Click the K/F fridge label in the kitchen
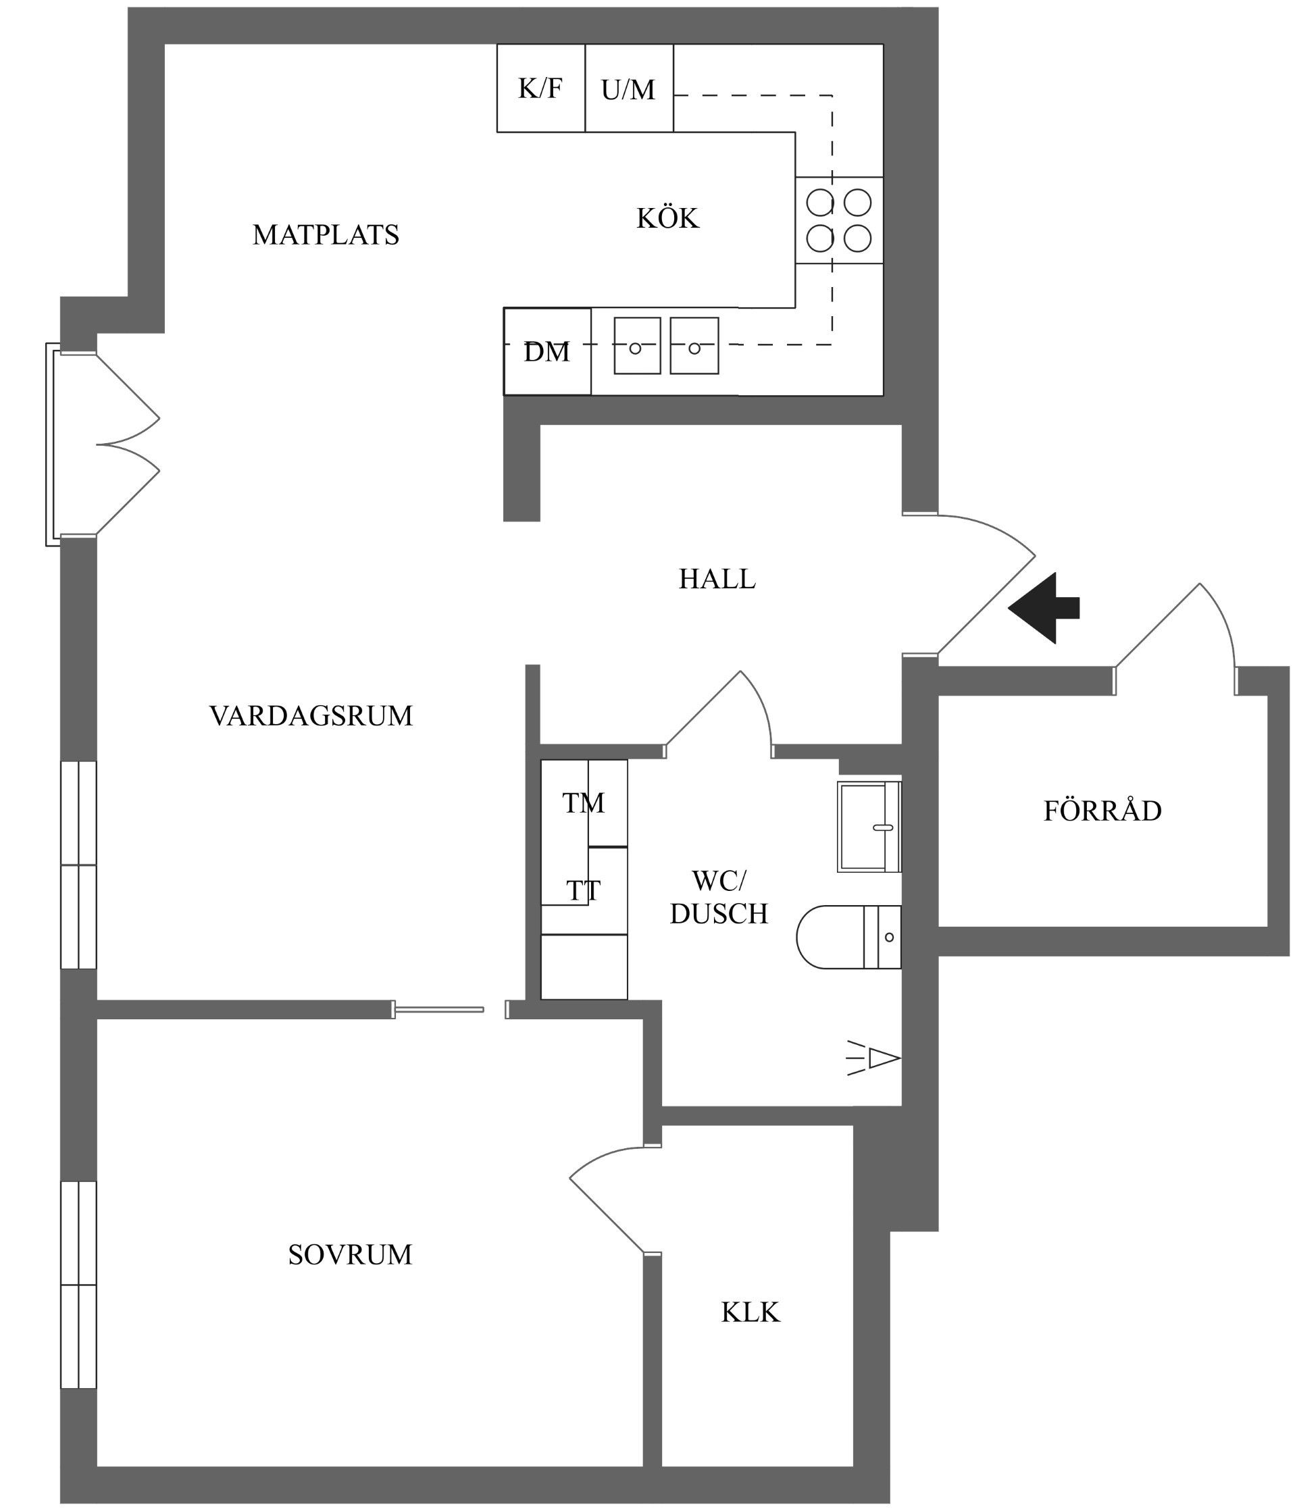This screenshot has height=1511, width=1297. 540,88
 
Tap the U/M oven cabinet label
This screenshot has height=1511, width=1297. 628,90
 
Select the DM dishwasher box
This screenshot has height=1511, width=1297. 547,351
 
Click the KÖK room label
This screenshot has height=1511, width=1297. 667,218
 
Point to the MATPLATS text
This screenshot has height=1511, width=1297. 326,235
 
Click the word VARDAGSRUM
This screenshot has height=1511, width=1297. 311,715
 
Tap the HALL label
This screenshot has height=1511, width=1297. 717,579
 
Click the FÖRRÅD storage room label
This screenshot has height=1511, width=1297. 1102,811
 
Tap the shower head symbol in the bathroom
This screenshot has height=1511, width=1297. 879,1057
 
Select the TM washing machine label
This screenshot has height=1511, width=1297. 584,803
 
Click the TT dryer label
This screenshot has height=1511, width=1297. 584,890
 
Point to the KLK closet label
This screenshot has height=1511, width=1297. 751,1312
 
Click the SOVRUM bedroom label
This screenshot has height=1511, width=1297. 350,1254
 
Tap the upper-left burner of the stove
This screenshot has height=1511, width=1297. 820,202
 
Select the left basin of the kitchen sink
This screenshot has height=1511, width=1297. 637,347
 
